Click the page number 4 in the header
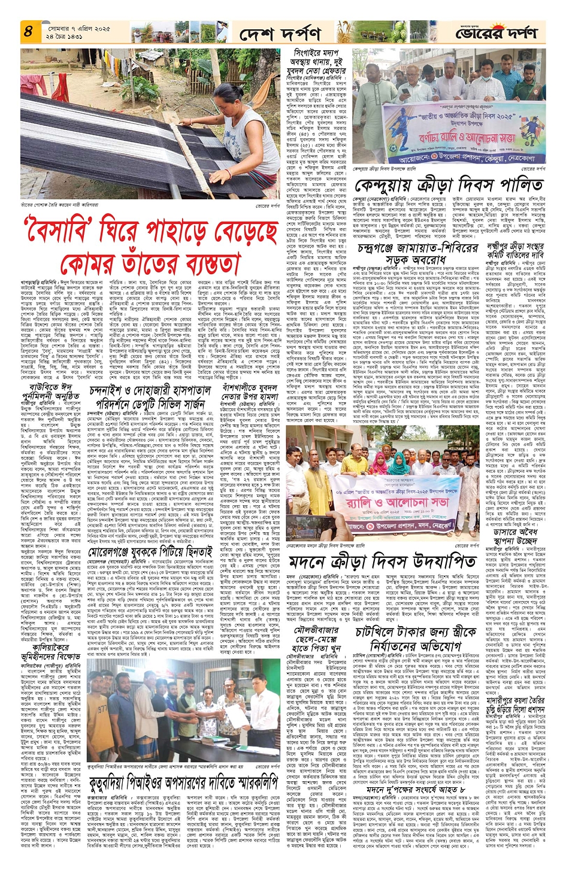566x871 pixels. [28, 32]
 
